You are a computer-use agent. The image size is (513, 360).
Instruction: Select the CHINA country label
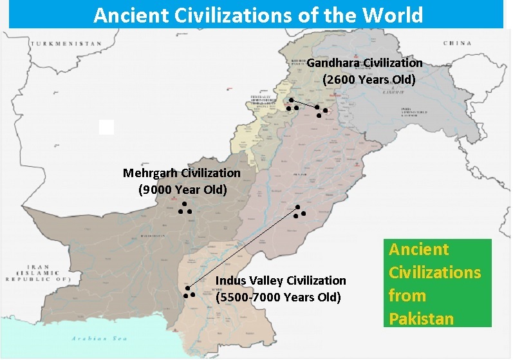pyautogui.click(x=456, y=43)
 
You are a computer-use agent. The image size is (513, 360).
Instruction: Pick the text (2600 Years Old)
pyautogui.click(x=369, y=80)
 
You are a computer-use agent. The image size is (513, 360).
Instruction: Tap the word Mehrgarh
pyautogui.click(x=151, y=173)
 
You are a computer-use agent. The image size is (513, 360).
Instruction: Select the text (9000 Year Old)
pyautogui.click(x=183, y=190)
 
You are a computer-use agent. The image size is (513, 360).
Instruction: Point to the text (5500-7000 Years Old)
pyautogui.click(x=278, y=298)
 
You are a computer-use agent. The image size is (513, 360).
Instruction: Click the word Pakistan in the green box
pyautogui.click(x=421, y=319)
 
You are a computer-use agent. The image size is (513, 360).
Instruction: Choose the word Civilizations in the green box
pyautogui.click(x=434, y=272)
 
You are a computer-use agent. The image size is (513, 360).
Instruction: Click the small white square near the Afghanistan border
pyautogui.click(x=106, y=127)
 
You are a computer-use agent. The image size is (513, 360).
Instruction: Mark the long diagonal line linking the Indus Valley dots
pyautogui.click(x=243, y=247)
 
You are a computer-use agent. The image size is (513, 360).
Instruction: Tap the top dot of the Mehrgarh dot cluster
pyautogui.click(x=183, y=204)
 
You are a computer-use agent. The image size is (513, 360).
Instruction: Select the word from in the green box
pyautogui.click(x=407, y=296)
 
